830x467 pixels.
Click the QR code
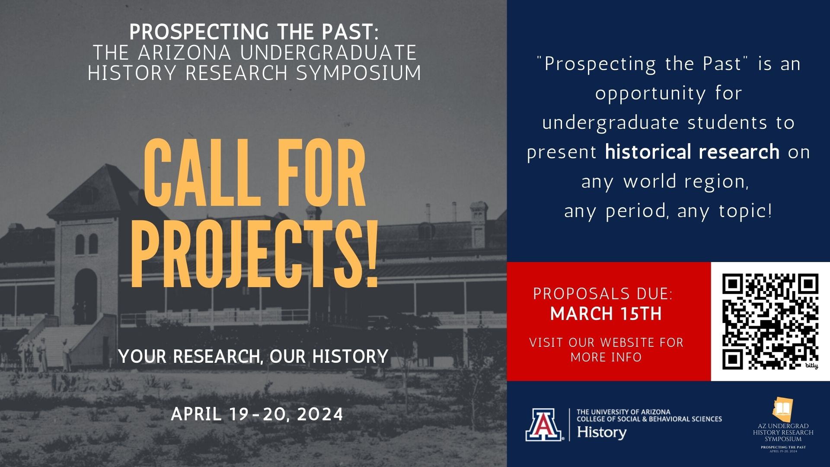pos(770,321)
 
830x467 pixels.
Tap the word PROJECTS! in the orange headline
pos(255,255)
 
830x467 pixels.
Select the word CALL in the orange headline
pos(202,173)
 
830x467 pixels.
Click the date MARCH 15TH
pos(606,314)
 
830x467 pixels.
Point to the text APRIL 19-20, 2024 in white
pos(257,414)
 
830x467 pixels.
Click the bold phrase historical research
pos(692,152)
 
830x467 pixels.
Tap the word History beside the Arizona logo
pos(602,432)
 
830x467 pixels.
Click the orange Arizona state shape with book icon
pos(783,409)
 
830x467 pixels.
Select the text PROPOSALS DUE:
pos(603,294)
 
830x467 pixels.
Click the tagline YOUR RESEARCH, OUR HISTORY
pos(253,356)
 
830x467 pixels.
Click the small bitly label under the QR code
pos(811,366)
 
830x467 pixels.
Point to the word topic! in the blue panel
pos(745,211)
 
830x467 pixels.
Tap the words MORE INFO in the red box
pos(606,357)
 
